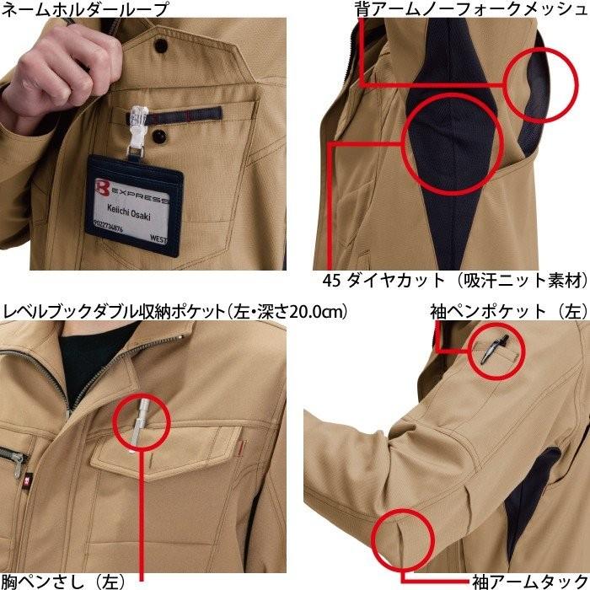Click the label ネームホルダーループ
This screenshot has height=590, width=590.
pos(84,11)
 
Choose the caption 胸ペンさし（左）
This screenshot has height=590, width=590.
pos(63,580)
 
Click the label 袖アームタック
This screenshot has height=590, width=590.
pos(523,580)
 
